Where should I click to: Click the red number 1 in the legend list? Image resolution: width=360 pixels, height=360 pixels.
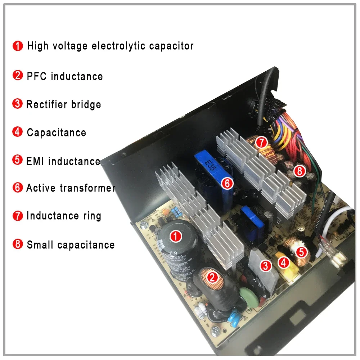point(17,46)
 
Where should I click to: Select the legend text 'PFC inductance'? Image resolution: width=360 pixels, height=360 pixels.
point(65,76)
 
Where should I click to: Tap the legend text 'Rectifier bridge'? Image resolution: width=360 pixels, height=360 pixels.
point(64,104)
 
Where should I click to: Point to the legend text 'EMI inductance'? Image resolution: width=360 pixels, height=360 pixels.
point(63,161)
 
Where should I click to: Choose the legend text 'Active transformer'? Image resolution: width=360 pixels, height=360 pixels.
point(71,188)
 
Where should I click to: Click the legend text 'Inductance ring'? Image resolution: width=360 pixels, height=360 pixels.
point(64,216)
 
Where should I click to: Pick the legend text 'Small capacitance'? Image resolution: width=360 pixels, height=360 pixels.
point(71,245)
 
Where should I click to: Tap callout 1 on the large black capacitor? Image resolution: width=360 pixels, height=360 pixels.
point(175,236)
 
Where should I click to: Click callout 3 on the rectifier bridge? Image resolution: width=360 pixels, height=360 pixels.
point(266,266)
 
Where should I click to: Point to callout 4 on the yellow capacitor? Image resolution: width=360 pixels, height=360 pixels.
point(284,262)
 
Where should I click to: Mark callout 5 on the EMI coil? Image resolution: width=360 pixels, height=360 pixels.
point(302,252)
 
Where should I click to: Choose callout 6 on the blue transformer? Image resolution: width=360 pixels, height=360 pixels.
point(227,183)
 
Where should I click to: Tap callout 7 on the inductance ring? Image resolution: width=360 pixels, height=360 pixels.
point(261,143)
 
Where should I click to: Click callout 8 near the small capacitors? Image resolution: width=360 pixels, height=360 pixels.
point(299,171)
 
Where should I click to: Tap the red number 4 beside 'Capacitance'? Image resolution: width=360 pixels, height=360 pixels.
point(17,132)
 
